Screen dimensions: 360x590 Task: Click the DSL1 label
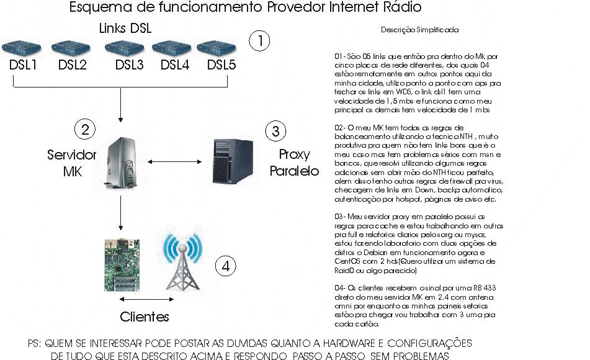(x=25, y=65)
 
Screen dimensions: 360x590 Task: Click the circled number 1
(x=260, y=41)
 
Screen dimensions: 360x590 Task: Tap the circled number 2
(x=84, y=130)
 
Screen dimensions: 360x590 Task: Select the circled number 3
(x=275, y=131)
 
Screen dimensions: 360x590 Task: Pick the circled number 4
(x=226, y=266)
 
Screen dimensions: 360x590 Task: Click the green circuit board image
(x=122, y=264)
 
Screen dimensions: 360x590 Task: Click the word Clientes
(x=144, y=317)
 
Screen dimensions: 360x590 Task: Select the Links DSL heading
(x=125, y=29)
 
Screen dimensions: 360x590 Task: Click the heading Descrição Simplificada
(x=419, y=29)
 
